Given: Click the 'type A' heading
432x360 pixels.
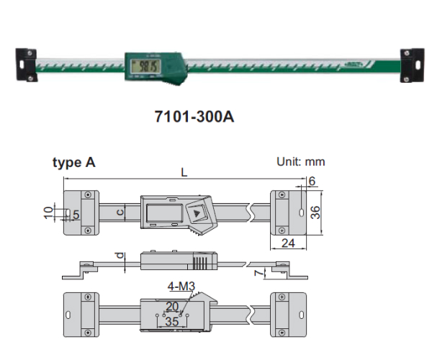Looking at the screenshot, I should tap(73, 163).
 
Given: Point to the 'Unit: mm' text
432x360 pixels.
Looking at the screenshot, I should tap(301, 162).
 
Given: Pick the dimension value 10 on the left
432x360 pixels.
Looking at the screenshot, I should tap(48, 212).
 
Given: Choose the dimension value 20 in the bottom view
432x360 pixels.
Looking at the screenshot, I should tap(171, 306).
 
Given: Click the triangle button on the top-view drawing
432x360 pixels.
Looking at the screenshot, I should tap(197, 212).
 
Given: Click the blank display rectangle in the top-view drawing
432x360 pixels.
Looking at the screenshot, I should tap(162, 212).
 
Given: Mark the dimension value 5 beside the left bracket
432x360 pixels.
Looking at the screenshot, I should tap(76, 214).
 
